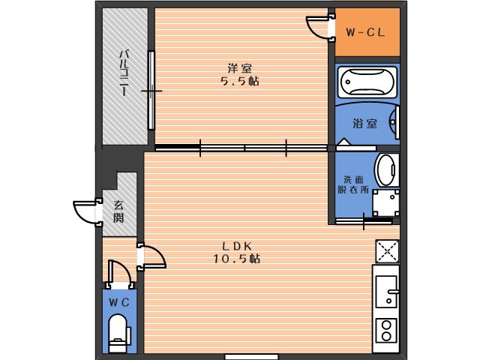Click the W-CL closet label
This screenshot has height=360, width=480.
click(x=365, y=32)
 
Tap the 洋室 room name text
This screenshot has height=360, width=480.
click(x=240, y=68)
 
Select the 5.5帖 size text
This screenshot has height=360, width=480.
click(x=240, y=82)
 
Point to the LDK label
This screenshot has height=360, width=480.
click(x=237, y=246)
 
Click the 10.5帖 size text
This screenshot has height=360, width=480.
click(x=237, y=259)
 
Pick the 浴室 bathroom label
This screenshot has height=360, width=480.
click(x=364, y=124)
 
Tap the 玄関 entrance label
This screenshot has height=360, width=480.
click(x=118, y=211)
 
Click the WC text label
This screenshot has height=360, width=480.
click(x=119, y=303)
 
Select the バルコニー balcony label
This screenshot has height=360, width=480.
click(x=124, y=73)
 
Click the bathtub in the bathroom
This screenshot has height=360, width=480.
click(x=367, y=82)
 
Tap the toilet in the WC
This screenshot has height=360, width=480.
click(x=118, y=334)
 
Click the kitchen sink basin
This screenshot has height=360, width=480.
click(x=387, y=292)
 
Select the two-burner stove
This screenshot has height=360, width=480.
click(x=387, y=330)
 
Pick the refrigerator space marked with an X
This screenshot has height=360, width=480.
click(x=387, y=252)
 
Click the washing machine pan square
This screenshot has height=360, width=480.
click(x=386, y=203)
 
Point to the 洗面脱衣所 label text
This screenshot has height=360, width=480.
click(x=353, y=184)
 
